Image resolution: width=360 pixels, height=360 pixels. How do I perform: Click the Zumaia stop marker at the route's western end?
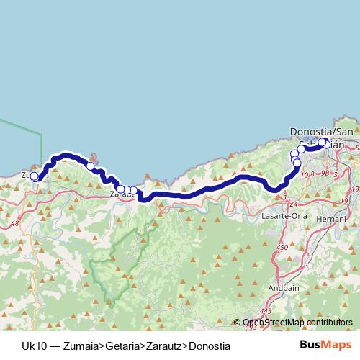point(34,176)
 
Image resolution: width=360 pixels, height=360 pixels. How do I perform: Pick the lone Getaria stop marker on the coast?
point(91,166)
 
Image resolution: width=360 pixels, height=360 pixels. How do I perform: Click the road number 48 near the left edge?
point(15,224)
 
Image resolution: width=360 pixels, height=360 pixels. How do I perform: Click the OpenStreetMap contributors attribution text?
point(297,323)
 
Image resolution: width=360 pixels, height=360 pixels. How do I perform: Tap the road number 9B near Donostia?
point(325,174)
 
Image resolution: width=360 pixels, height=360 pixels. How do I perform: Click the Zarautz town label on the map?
point(121,194)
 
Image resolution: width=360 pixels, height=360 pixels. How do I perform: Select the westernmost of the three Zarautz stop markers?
point(120,189)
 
